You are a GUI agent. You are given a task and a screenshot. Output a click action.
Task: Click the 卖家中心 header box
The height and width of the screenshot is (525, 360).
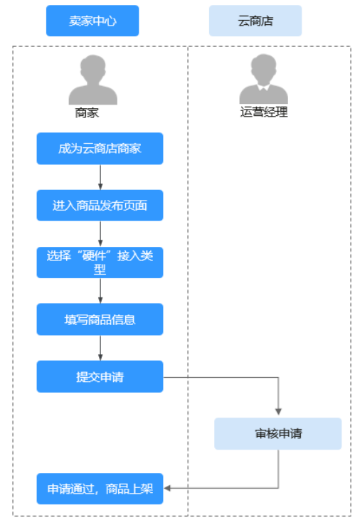click(x=92, y=21)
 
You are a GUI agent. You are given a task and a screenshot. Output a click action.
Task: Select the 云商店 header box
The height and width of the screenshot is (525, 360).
click(x=255, y=21)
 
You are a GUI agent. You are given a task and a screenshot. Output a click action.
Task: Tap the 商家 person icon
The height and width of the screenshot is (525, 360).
click(x=92, y=80)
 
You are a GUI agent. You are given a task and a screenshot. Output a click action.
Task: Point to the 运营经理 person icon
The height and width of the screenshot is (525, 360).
click(x=263, y=79)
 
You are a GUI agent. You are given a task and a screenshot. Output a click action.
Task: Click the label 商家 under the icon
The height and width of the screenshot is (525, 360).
click(x=87, y=113)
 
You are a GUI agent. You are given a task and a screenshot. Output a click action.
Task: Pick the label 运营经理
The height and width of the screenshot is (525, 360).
click(x=264, y=112)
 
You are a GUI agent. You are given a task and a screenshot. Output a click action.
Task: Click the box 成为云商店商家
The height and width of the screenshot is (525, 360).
click(x=100, y=149)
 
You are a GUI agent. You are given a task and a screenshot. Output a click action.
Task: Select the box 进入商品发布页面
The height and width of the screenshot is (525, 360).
click(x=100, y=206)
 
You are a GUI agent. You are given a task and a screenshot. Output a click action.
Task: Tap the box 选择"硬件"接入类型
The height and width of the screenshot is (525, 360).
click(x=100, y=262)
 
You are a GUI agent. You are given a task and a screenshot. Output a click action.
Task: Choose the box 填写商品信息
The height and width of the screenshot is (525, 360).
click(x=100, y=319)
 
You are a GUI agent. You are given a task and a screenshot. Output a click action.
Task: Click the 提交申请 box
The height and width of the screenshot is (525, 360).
click(x=100, y=376)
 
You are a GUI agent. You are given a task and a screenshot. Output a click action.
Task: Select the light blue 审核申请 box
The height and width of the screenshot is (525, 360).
click(x=278, y=434)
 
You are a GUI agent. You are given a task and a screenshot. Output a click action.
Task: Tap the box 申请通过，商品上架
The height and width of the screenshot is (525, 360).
click(x=100, y=489)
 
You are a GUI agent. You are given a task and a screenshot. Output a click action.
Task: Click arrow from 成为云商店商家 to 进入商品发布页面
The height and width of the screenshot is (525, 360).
click(x=100, y=177)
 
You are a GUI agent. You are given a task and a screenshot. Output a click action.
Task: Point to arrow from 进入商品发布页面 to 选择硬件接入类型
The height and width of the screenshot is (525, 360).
click(x=100, y=234)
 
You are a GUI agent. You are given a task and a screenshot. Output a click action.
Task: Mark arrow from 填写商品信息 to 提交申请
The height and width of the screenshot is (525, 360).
click(x=100, y=348)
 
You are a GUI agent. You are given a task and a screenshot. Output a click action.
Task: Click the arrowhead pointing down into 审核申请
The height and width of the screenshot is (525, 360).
click(x=278, y=412)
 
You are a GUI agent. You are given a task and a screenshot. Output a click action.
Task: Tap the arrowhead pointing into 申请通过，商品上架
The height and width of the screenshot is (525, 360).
click(x=167, y=488)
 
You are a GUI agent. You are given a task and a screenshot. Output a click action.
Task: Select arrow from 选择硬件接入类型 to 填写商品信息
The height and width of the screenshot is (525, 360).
click(x=100, y=291)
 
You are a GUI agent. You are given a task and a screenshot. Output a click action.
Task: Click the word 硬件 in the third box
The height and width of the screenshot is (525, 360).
click(x=94, y=256)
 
